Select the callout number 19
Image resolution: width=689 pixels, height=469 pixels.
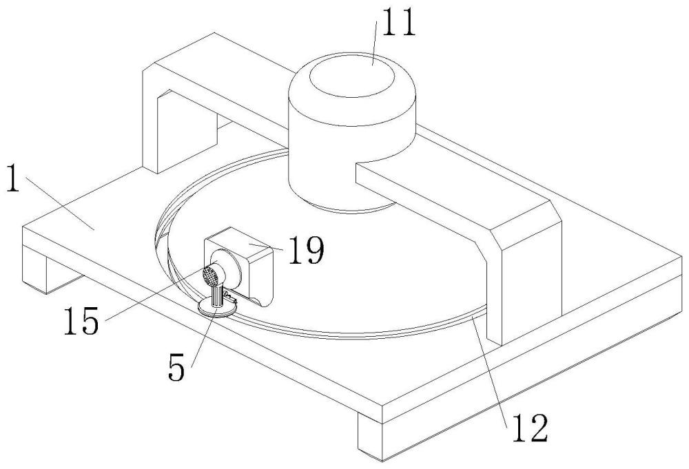[x=303, y=253]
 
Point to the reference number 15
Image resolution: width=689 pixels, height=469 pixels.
[x=81, y=322]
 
